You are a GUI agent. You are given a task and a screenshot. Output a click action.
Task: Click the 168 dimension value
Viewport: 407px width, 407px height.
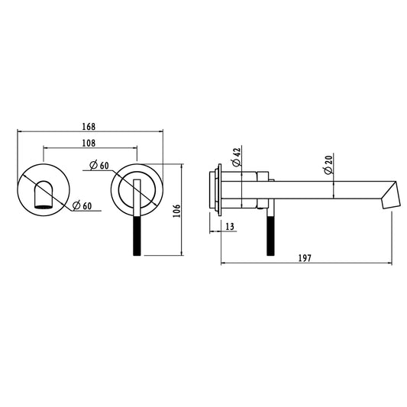(89, 127)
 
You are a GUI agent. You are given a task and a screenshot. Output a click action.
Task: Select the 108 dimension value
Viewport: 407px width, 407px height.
(89, 143)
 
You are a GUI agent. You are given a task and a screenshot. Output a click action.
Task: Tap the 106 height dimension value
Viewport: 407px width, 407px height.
(176, 211)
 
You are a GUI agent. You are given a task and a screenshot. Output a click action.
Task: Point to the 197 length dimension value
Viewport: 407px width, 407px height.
(305, 258)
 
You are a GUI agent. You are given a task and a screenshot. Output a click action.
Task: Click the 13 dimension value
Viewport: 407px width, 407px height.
(230, 227)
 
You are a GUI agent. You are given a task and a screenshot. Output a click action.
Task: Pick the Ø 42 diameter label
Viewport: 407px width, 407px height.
(237, 157)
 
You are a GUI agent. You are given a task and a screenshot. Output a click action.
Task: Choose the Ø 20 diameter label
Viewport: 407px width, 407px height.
(328, 165)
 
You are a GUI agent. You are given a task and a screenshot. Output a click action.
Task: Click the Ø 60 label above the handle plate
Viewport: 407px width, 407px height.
(99, 166)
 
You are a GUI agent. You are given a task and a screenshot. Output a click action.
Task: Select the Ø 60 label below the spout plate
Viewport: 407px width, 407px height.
(82, 205)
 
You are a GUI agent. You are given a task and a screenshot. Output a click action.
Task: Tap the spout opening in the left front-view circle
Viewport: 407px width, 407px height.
(44, 207)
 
